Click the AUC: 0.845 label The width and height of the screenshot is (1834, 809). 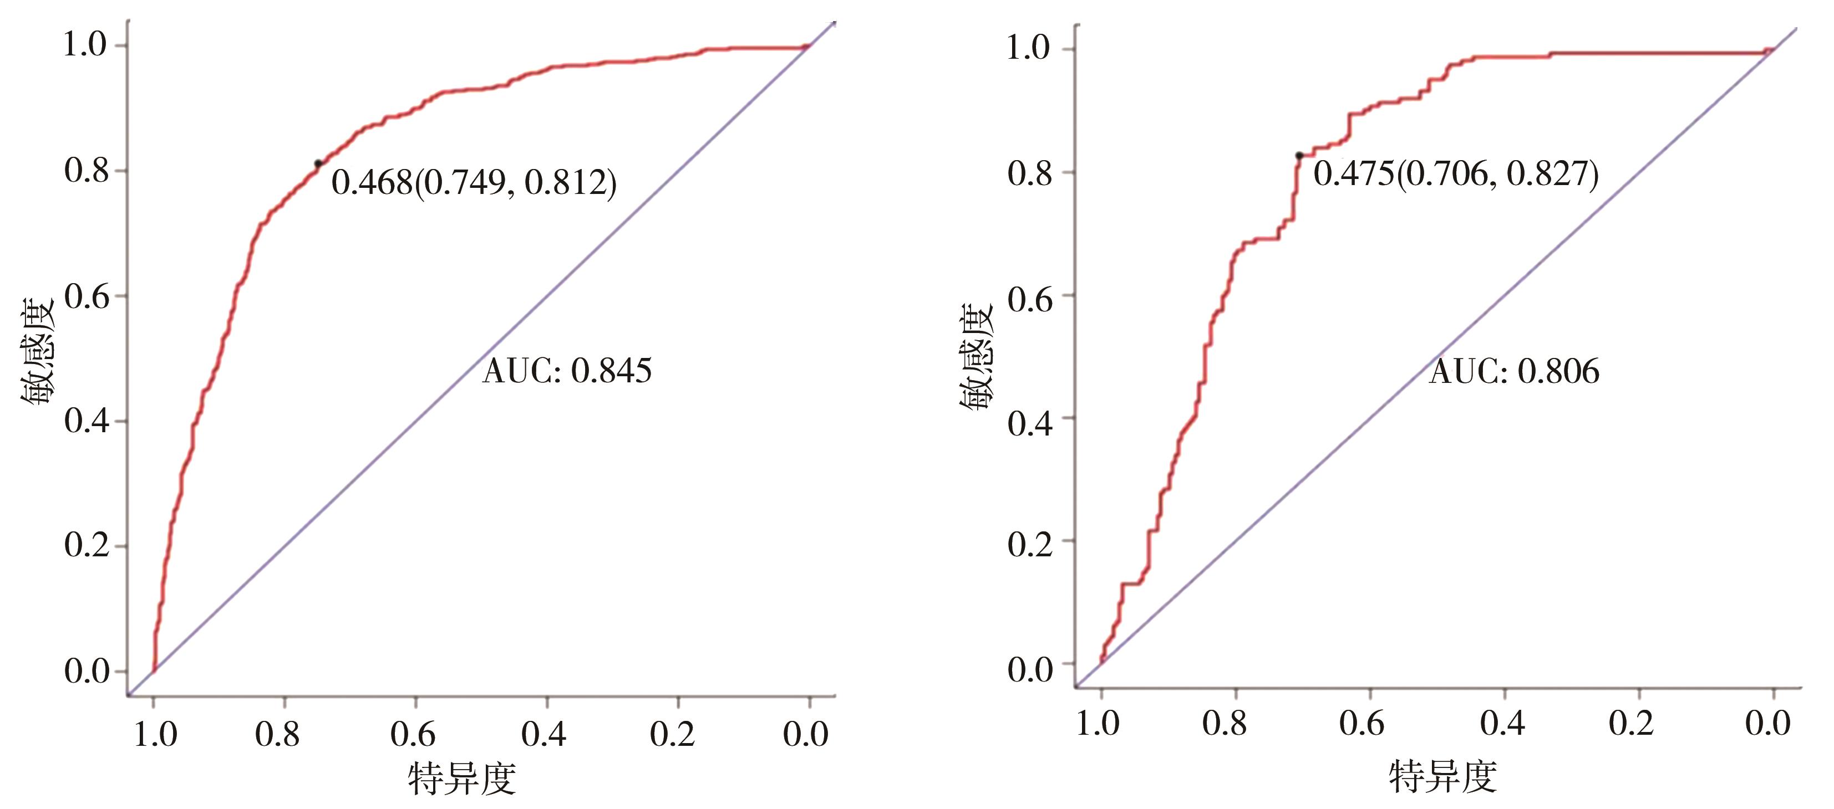567,371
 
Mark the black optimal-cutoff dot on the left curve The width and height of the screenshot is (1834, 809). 318,163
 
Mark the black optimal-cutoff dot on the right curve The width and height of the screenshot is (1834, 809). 1299,156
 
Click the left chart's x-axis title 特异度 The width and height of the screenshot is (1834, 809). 462,779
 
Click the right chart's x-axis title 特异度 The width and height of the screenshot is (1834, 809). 1442,776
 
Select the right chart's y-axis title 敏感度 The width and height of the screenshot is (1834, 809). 976,358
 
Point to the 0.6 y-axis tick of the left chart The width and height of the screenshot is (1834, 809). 87,296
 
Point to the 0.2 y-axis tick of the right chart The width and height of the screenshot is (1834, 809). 1029,544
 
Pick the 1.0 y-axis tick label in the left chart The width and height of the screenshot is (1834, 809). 85,45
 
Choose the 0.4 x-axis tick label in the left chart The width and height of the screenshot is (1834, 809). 544,734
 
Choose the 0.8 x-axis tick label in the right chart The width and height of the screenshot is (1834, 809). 1224,724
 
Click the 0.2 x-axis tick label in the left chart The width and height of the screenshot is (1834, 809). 672,734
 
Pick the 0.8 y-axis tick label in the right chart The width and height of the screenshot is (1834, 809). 1029,173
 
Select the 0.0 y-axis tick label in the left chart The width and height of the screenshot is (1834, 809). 87,671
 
